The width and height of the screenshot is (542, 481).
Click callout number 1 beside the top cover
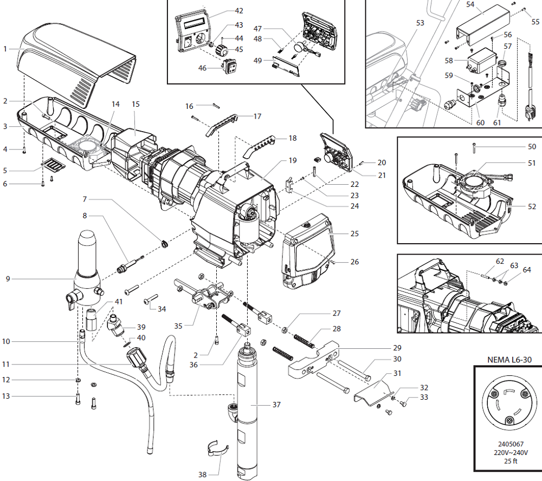[x=5, y=49]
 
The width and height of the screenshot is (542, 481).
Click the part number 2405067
[x=507, y=444]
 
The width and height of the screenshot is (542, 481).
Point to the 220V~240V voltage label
[x=507, y=452]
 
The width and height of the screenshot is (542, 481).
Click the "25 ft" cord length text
[x=507, y=461]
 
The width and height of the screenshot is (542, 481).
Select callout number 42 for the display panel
[x=238, y=11]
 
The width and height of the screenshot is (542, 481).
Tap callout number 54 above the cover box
[x=470, y=4]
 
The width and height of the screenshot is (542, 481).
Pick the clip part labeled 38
[x=220, y=450]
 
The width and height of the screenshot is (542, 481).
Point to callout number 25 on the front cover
[x=354, y=234]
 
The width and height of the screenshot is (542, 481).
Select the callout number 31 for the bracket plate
[x=397, y=373]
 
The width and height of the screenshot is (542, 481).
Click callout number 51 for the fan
[x=532, y=162]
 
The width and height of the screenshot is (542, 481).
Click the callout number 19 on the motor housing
[x=292, y=160]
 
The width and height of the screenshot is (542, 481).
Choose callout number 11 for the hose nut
[x=7, y=364]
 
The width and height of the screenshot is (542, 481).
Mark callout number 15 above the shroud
[x=135, y=103]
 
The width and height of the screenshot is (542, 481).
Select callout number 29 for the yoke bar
[x=397, y=347]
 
